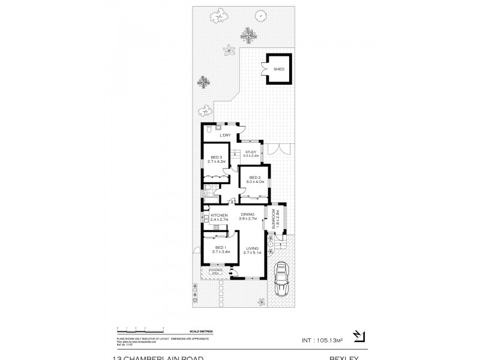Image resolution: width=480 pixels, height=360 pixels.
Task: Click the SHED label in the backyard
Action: pos(278,70)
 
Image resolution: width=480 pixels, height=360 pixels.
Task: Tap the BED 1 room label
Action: pos(220,247)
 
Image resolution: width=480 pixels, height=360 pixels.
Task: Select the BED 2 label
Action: pos(254,177)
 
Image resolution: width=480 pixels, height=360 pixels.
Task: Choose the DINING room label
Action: pos(248,214)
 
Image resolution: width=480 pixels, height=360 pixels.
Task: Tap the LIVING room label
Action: pos(253,248)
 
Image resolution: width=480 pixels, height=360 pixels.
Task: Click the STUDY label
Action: pos(250,152)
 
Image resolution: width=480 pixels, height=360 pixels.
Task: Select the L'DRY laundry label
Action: pos(225,136)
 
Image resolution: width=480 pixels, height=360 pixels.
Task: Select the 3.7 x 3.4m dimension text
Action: pos(220,252)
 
